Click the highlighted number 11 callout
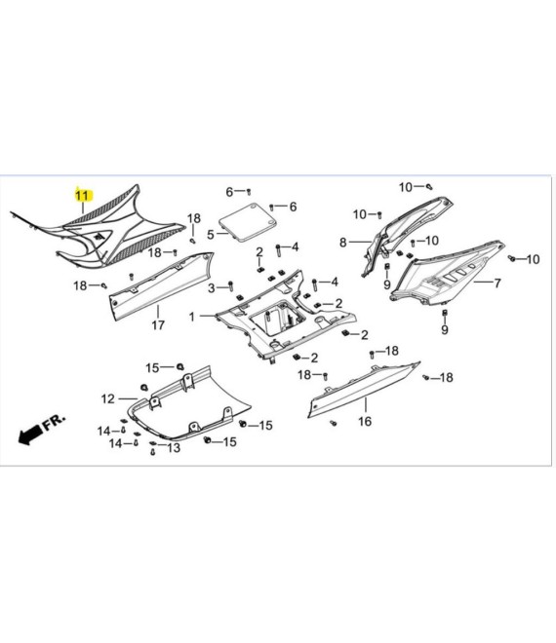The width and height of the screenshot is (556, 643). click(83, 196)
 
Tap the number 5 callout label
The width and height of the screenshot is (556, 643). click(211, 235)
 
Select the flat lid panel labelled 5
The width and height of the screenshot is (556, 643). click(248, 222)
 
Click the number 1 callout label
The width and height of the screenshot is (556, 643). click(192, 317)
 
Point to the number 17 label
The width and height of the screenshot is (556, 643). click(158, 325)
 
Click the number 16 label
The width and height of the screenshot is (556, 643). click(365, 421)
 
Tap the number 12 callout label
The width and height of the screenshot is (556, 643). click(108, 398)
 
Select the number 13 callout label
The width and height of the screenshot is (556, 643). click(174, 447)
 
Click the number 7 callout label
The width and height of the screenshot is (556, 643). click(497, 283)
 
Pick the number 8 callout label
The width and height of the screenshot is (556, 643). click(343, 243)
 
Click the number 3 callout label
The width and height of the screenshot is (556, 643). click(211, 288)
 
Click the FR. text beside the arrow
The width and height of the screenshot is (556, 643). click(55, 422)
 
